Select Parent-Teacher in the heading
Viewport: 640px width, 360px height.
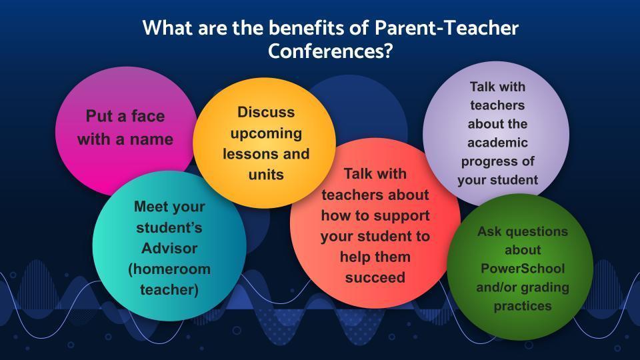447,28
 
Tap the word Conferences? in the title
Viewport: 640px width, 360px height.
330,51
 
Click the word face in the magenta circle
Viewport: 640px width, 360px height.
147,116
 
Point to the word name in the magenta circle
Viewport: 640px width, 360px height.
151,139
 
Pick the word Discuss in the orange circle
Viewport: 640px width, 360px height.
266,112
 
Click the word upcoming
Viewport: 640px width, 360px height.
266,134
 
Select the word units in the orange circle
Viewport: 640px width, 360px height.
266,175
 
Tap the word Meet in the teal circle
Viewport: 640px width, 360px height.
151,207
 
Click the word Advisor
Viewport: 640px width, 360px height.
169,248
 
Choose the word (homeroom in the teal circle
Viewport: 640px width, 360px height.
169,269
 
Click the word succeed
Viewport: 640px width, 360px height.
375,277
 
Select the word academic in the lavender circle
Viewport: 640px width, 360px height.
497,143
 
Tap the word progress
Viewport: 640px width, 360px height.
487,162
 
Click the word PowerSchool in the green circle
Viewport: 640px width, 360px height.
523,269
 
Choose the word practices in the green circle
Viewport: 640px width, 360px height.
523,306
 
